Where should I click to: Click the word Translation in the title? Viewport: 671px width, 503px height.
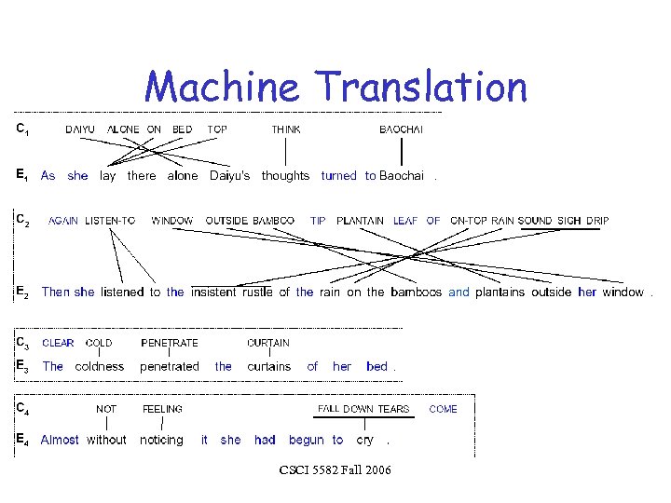422,88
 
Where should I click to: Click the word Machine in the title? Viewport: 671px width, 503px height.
222,88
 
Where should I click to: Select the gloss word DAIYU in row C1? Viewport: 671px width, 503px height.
79,129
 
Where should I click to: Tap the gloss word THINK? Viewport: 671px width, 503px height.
286,129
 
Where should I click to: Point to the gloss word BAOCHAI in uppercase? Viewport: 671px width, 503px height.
402,129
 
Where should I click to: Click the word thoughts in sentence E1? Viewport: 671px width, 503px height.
285,175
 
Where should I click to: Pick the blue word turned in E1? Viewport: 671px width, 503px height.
338,175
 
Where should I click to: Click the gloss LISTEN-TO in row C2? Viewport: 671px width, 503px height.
110,221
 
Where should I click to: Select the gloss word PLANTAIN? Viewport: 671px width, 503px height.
361,221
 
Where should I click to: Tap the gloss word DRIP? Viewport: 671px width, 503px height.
597,221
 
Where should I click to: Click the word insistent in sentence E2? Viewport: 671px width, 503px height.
213,292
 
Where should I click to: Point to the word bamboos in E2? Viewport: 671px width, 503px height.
417,292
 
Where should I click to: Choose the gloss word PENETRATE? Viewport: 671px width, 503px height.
170,343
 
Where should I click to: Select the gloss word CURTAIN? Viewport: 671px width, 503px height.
268,343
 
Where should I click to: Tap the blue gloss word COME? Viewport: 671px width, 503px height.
444,409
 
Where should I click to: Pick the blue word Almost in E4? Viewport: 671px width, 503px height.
61,440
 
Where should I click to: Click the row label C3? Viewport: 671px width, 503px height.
22,343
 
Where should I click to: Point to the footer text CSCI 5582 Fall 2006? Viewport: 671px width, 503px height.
335,470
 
